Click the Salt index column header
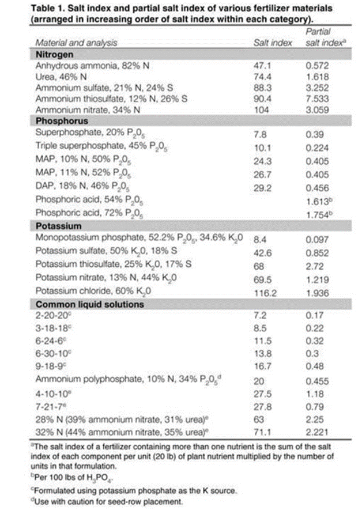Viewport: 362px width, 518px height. [x=273, y=43]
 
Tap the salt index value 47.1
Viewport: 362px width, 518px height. [x=262, y=66]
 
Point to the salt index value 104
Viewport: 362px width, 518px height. [x=261, y=109]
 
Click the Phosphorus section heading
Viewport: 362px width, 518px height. [x=62, y=121]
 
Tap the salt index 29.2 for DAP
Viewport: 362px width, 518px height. [x=262, y=188]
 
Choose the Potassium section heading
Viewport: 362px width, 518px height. [x=58, y=226]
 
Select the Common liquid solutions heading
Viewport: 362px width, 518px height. [x=90, y=304]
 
